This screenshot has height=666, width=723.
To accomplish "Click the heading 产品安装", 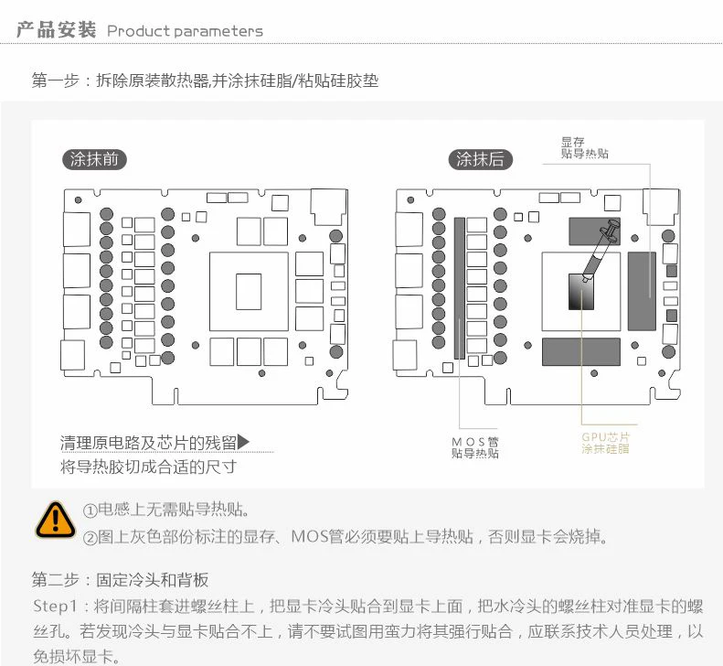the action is (56, 30).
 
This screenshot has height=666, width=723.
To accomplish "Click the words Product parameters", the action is (185, 31).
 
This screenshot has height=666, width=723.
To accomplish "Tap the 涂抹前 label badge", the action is (94, 159).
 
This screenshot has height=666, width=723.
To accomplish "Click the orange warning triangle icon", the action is (55, 519).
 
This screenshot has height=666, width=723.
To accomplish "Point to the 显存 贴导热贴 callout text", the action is (584, 147).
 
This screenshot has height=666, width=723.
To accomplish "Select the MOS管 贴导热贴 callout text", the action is (475, 447).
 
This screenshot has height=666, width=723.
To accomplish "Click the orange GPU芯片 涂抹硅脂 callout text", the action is (605, 443).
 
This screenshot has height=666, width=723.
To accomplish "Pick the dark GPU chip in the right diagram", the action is (580, 293).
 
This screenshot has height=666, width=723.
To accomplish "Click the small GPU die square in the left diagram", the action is (248, 292).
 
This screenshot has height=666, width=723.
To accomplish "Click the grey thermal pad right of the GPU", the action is (642, 290).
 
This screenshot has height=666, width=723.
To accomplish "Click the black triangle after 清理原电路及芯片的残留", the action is (243, 444).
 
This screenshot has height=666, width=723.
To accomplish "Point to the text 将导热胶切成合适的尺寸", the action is (148, 467).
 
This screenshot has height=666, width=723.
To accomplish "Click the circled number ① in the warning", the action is (90, 510).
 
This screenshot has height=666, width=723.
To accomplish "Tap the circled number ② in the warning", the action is (90, 537).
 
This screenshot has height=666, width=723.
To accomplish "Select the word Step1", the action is (58, 606).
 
